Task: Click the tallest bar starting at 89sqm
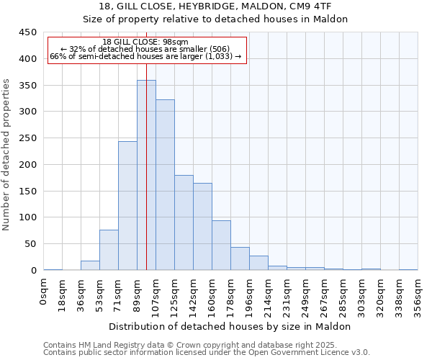[x=146, y=175]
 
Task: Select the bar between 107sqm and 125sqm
[x=165, y=185]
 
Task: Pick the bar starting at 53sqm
[x=109, y=250]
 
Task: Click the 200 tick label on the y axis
[x=29, y=165]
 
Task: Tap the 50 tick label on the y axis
[x=32, y=244]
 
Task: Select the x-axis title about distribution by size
[x=230, y=326]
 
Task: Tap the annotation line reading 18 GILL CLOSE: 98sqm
[x=145, y=42]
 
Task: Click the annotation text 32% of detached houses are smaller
[x=145, y=49]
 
